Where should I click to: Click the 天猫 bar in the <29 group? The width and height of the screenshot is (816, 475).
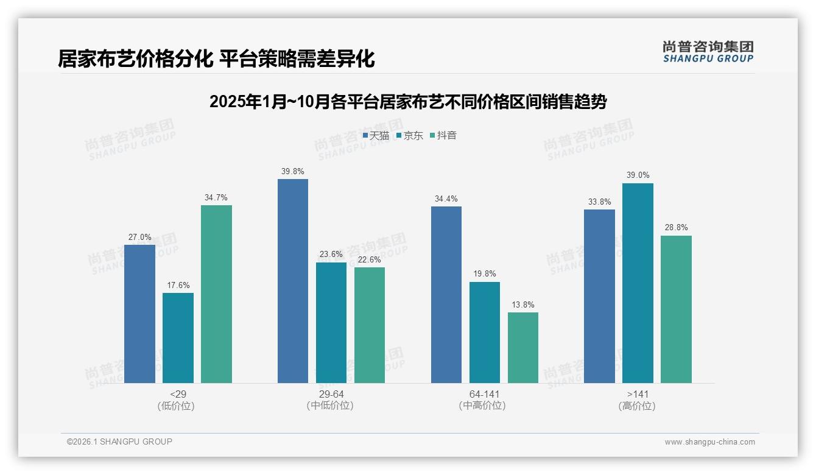(139, 314)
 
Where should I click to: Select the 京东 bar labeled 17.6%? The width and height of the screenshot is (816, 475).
(178, 338)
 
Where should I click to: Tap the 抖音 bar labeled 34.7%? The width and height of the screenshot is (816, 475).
(216, 294)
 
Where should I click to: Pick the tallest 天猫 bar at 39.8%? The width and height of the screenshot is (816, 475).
(293, 281)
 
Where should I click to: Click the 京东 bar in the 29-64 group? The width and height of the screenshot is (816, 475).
(331, 323)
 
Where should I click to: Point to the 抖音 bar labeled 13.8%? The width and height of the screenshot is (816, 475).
(523, 348)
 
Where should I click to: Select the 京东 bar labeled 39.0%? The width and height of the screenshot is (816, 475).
(638, 283)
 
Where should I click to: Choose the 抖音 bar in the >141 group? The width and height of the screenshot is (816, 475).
(676, 309)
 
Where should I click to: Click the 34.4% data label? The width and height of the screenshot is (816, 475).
(446, 199)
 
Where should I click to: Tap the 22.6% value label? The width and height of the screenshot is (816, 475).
(370, 260)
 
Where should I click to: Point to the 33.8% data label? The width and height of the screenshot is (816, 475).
(599, 202)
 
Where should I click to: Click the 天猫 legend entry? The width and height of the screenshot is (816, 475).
(376, 136)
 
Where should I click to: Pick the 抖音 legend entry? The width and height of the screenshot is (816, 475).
(443, 136)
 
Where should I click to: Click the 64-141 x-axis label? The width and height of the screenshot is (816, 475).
(485, 394)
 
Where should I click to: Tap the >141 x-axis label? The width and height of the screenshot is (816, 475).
(638, 394)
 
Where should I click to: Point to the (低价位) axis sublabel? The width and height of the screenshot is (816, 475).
(176, 406)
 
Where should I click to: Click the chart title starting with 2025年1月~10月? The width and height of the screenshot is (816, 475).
(408, 102)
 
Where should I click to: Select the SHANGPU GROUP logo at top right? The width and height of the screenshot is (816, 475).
(708, 52)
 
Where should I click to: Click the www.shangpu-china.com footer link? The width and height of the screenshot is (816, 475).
(709, 442)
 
